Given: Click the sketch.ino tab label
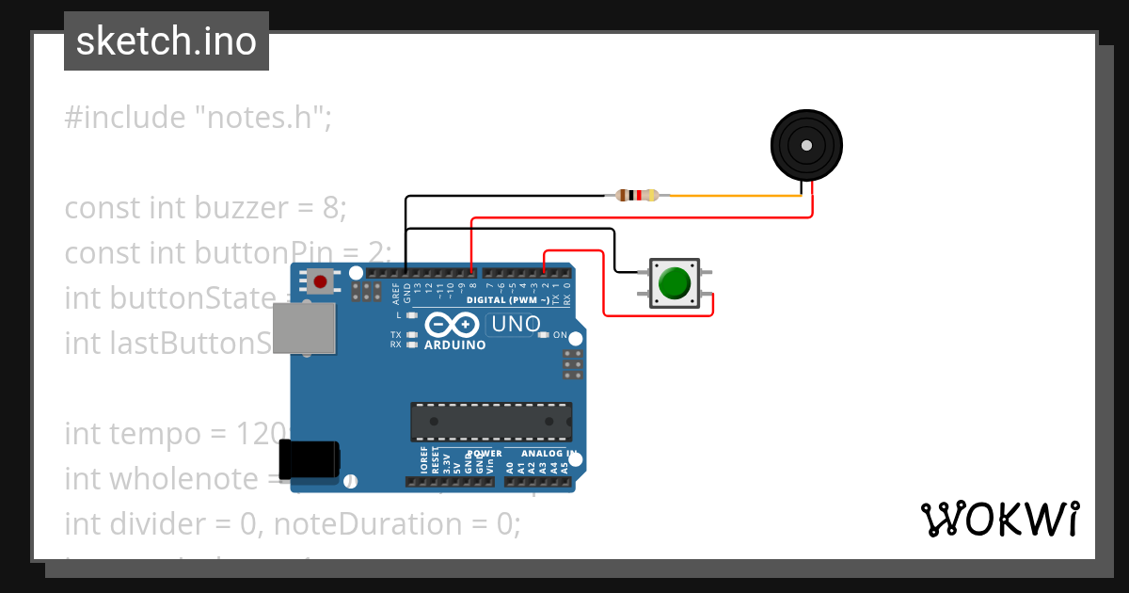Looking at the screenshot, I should click(x=167, y=41).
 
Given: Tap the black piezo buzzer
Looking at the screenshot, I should click(x=806, y=145).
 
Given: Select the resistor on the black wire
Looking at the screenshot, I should click(x=637, y=196).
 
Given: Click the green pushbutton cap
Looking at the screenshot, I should click(x=674, y=283).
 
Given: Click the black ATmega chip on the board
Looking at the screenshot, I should click(x=490, y=422).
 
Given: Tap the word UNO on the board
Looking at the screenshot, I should click(x=515, y=325).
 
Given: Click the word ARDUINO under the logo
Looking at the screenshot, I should click(x=455, y=345).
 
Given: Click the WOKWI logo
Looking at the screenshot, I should click(x=999, y=519).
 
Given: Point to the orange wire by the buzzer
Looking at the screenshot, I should click(x=734, y=196).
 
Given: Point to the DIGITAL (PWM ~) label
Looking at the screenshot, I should click(x=508, y=300).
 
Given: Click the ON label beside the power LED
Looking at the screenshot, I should click(x=560, y=335).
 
